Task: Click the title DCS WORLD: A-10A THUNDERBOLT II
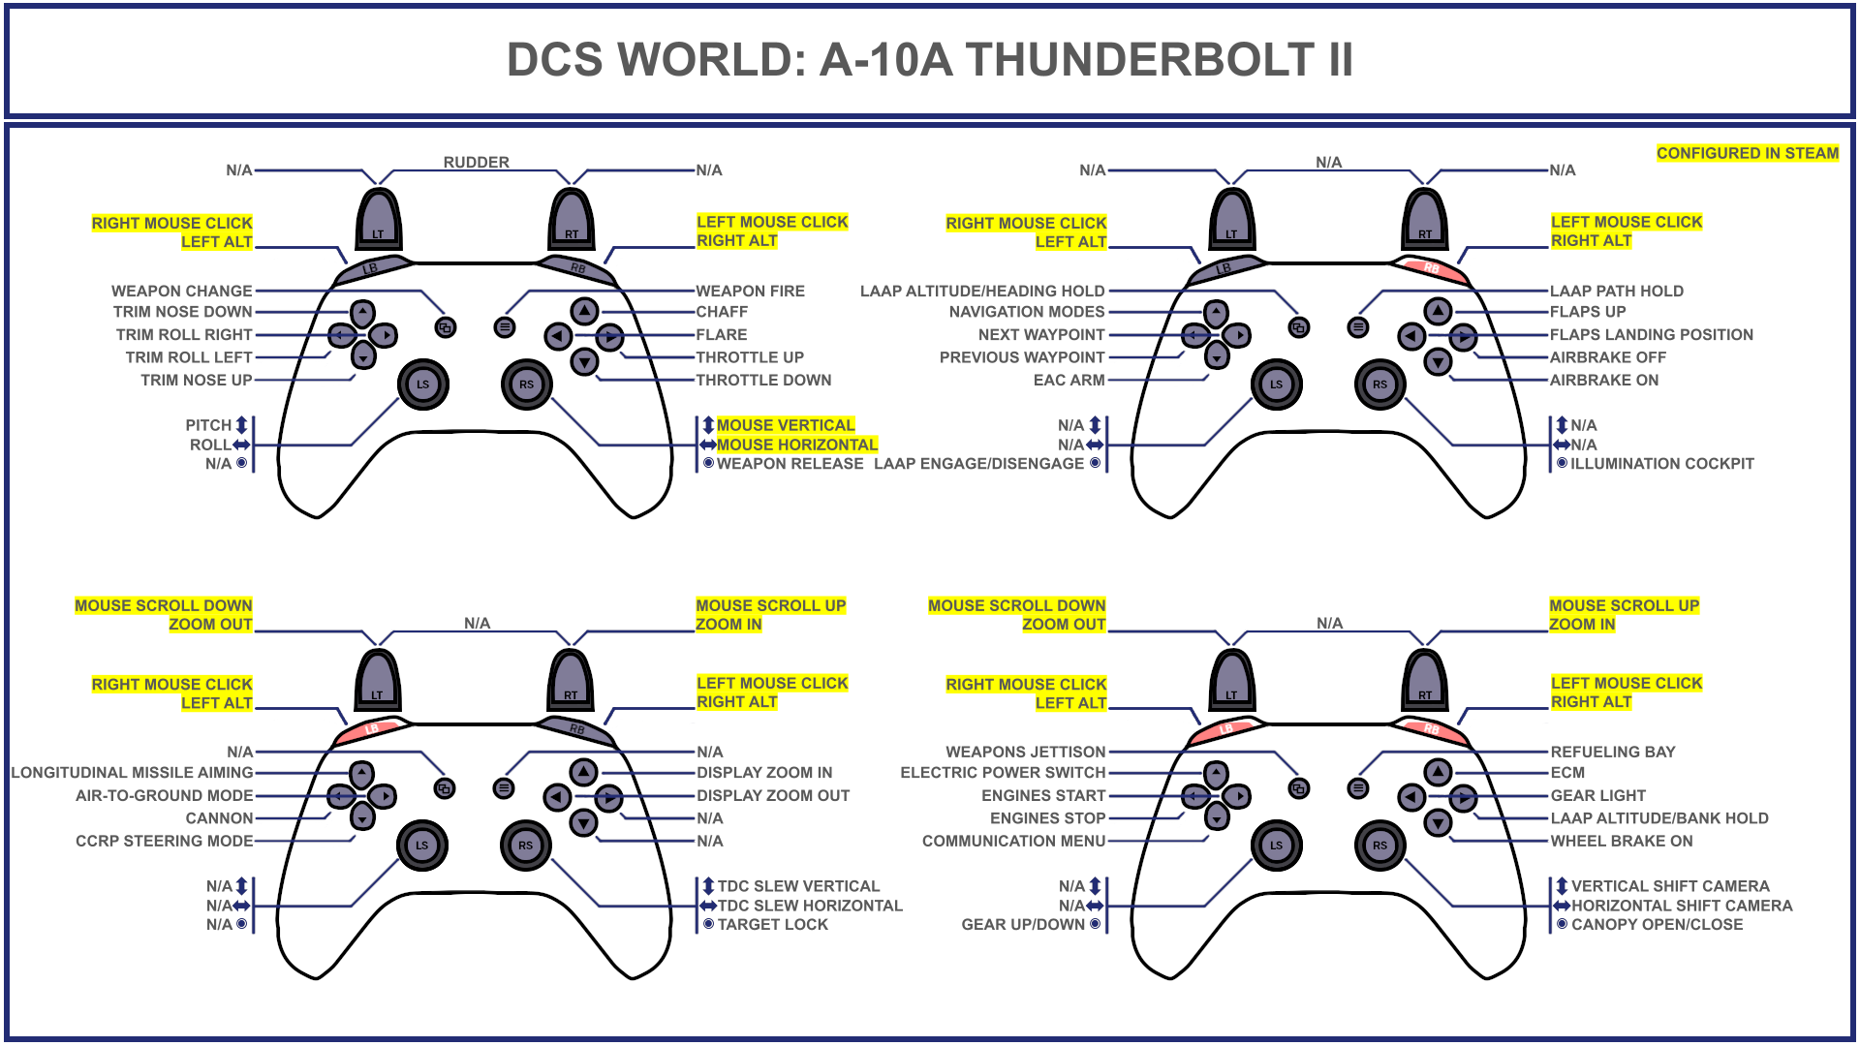pos(930,60)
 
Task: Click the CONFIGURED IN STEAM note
pos(1747,153)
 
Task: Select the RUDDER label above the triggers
pos(476,162)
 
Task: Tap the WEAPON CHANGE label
pos(181,291)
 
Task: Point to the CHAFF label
pos(722,312)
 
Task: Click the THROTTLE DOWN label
pos(763,380)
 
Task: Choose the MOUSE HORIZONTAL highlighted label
pos(796,445)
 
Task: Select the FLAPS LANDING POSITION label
pos(1651,334)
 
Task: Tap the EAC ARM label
pos(1069,380)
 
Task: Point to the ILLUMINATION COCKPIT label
pos(1661,464)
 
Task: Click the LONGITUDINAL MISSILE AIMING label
pos(132,773)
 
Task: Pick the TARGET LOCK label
pos(772,925)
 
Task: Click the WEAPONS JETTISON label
pos(1025,752)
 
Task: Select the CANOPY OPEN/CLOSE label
pos(1657,925)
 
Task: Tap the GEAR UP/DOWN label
pos(1023,925)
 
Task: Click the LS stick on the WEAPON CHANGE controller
pos(423,385)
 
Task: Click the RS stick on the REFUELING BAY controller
pos(1379,846)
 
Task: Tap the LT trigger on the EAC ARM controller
pos(1231,220)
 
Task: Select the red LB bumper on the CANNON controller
pos(372,727)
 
